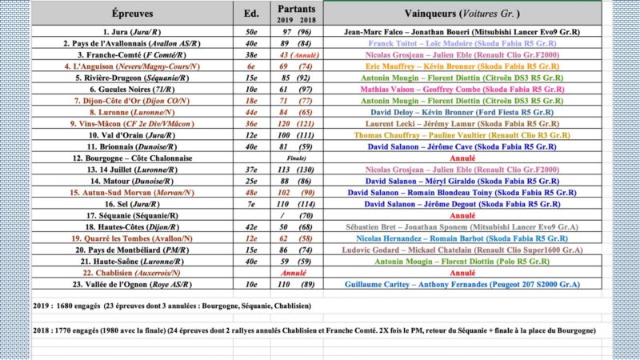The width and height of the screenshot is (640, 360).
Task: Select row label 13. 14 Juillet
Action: (129, 170)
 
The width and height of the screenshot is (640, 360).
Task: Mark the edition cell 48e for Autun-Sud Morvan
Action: (250, 193)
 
